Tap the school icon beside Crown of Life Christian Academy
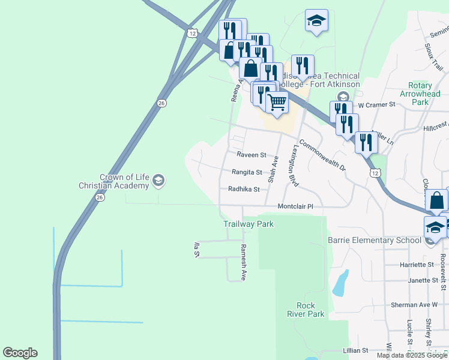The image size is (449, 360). pyautogui.click(x=158, y=180)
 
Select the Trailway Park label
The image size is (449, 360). pyautogui.click(x=249, y=224)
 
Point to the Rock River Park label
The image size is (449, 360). pyautogui.click(x=306, y=310)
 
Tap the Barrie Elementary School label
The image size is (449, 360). pyautogui.click(x=375, y=241)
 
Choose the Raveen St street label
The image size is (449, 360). pyautogui.click(x=251, y=155)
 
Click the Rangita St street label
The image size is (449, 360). pyautogui.click(x=247, y=172)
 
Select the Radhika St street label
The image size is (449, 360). pyautogui.click(x=243, y=189)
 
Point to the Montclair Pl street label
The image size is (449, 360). pyautogui.click(x=295, y=206)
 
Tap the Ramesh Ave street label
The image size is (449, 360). pyautogui.click(x=244, y=262)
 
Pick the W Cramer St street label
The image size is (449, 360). pyautogui.click(x=376, y=104)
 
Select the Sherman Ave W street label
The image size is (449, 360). pyautogui.click(x=414, y=305)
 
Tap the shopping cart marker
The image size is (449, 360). pyautogui.click(x=277, y=101)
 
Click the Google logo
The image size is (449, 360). pyautogui.click(x=20, y=353)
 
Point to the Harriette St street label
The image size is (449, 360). pyautogui.click(x=417, y=265)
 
